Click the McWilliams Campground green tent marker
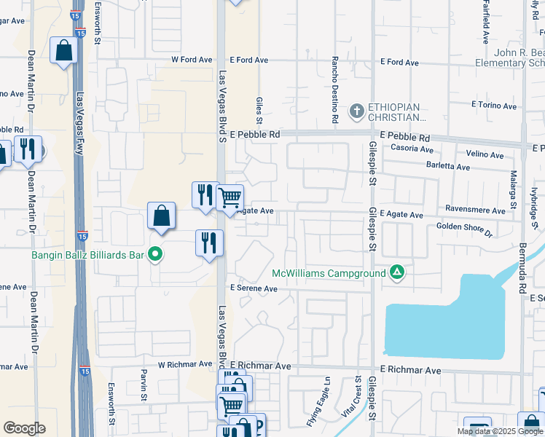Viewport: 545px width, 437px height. point(397,273)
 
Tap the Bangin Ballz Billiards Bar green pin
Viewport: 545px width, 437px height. point(154,254)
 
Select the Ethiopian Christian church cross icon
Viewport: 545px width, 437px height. point(356,111)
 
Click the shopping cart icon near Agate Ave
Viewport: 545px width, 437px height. point(230,197)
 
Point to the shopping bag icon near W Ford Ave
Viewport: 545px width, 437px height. point(64,50)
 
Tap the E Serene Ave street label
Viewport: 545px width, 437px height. point(254,288)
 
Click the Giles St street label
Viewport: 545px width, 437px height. point(259,110)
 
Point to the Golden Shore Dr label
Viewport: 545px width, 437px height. point(465,229)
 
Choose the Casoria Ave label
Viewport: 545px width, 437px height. point(413,147)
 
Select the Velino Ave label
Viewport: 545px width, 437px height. point(485,155)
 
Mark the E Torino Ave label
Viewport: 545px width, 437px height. point(493,105)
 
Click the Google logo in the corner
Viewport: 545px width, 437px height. point(24,428)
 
